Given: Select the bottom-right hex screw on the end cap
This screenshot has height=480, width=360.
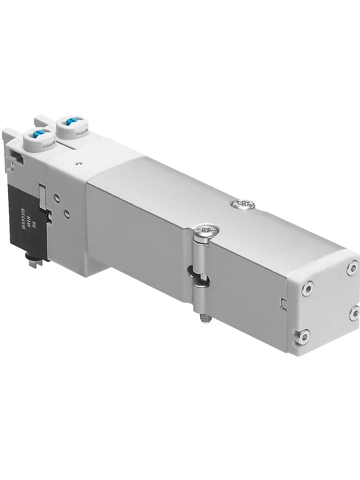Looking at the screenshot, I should click(x=354, y=312).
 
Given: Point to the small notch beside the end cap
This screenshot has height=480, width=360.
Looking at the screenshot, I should click(x=283, y=302).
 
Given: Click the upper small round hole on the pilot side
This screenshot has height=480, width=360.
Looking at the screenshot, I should click(x=58, y=196).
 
